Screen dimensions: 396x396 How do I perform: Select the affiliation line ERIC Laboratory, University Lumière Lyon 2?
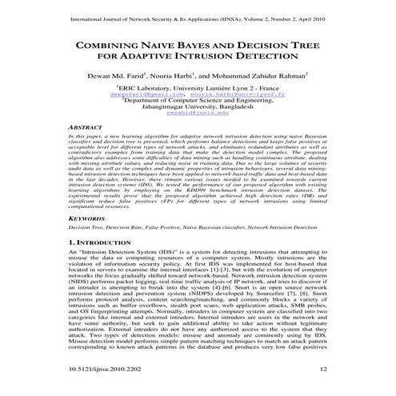coord(198,92)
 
